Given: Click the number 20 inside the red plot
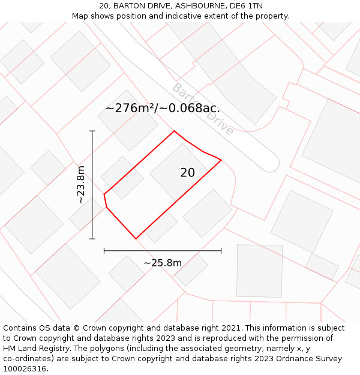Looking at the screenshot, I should coord(187,173).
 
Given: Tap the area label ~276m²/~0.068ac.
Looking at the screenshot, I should coord(162,109).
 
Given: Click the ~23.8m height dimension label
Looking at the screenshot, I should coord(81,185).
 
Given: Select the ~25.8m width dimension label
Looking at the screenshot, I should coord(162,263).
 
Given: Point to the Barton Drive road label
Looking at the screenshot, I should coord(202,109).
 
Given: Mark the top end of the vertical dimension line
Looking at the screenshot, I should coord(92,131).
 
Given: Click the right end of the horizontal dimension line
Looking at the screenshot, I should coord(221,250).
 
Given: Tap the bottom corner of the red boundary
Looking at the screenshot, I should coord(136,239).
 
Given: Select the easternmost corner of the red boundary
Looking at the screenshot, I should coord(221,160).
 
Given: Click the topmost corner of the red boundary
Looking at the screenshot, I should coord(174,131).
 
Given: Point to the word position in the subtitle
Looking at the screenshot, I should coord(130,16).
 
